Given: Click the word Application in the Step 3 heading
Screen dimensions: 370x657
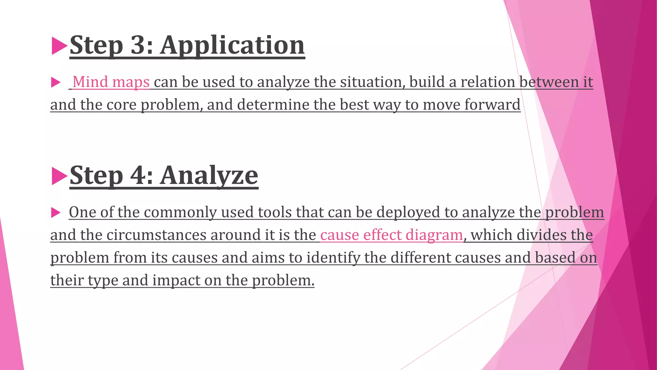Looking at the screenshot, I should tap(232, 46).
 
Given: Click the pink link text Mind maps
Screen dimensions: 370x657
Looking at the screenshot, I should tap(111, 82).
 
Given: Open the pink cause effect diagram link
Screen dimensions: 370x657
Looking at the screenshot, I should tap(391, 235).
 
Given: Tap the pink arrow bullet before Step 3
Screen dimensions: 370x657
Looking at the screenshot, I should tap(59, 46).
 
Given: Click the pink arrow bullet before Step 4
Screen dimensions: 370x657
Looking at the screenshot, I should tap(59, 176).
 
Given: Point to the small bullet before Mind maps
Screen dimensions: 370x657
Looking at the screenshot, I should tap(56, 83).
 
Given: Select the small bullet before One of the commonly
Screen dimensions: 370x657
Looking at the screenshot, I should tap(56, 213).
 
